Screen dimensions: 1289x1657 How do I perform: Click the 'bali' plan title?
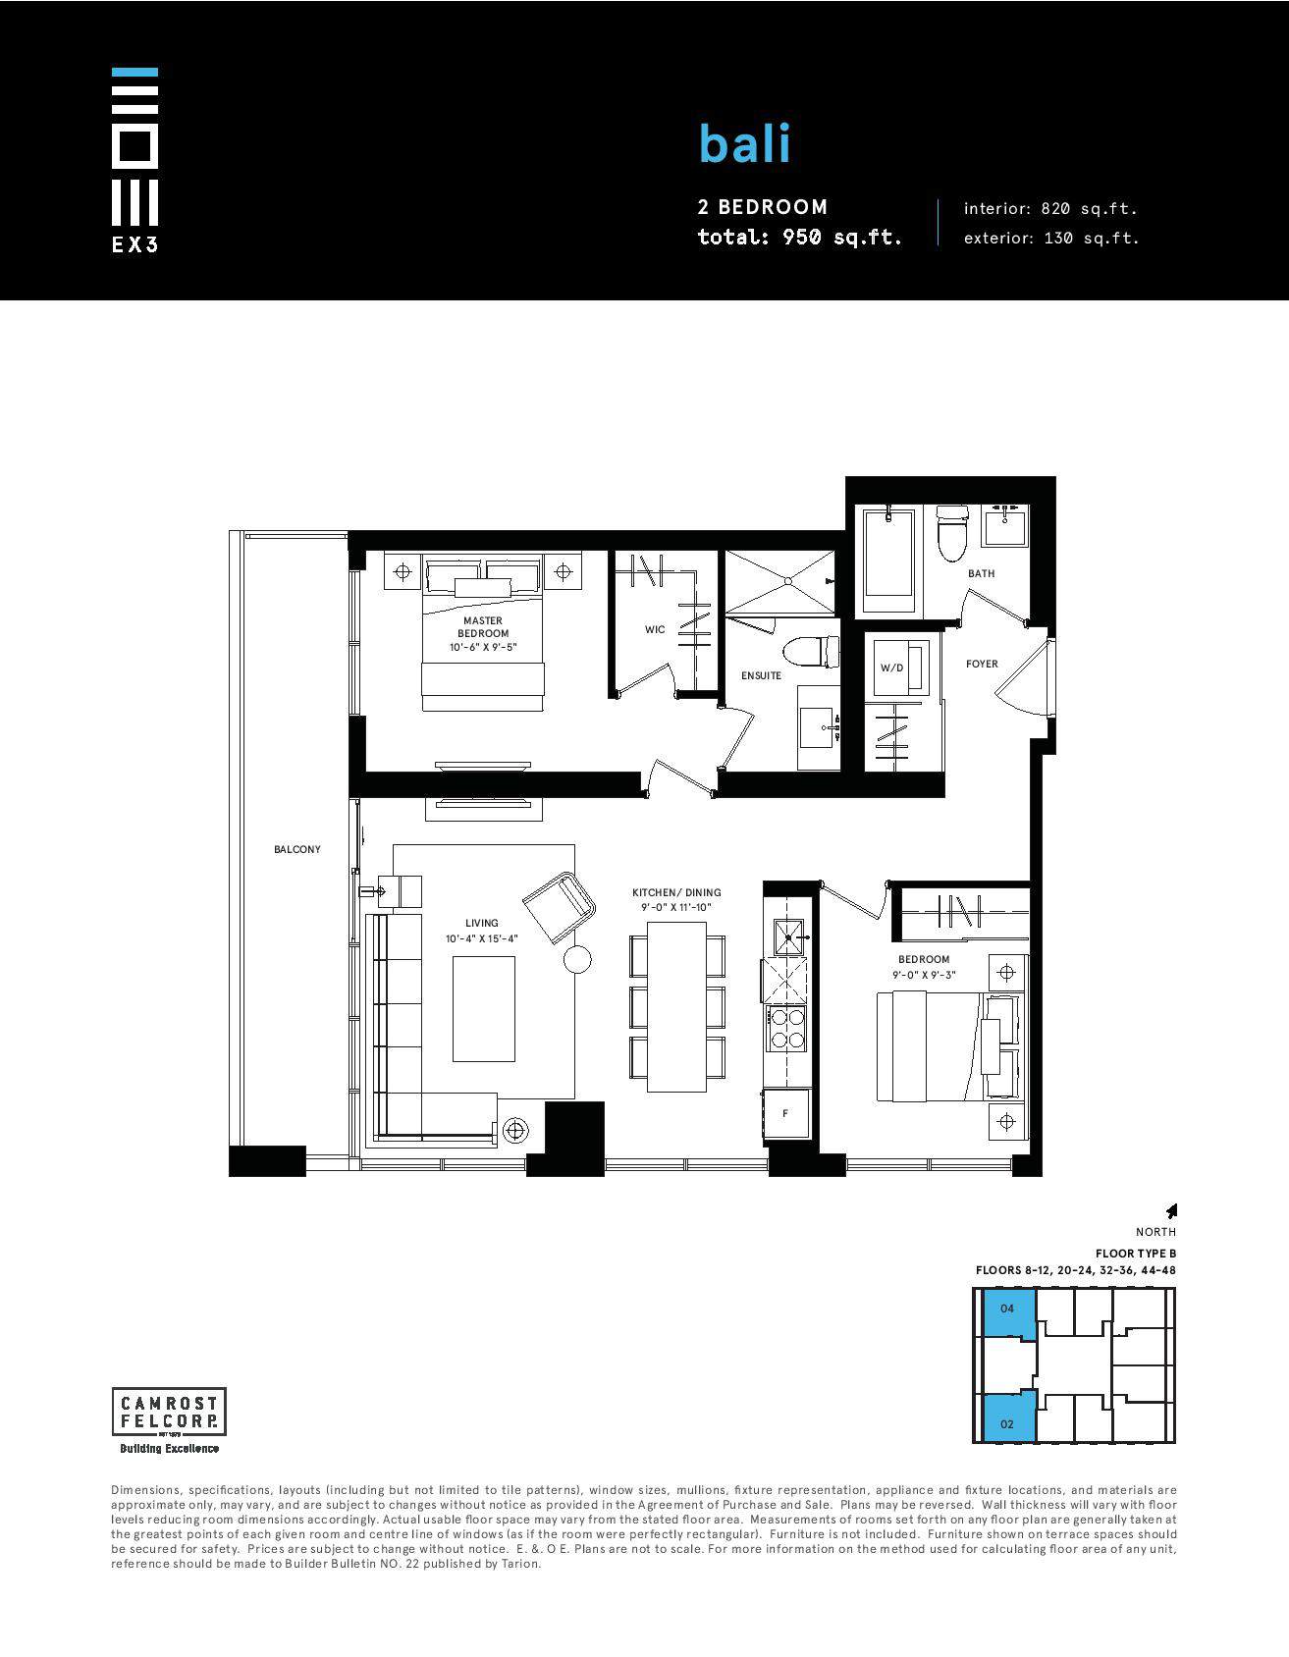coord(744,143)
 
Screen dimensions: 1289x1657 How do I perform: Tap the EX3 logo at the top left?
coord(134,159)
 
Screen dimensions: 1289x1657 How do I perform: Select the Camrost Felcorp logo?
coord(169,1420)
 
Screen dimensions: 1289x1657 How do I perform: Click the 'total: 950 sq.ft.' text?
coord(799,238)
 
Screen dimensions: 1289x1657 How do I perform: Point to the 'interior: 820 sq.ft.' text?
coord(1050,208)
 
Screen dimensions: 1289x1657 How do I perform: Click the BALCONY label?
coord(297,849)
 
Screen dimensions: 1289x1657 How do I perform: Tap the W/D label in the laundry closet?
coord(891,668)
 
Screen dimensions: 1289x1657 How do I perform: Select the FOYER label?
coord(982,664)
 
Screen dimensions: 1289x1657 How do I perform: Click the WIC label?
coord(655,629)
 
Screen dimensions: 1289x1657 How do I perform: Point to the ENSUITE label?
coord(761,675)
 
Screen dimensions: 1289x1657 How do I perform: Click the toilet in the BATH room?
coord(951,533)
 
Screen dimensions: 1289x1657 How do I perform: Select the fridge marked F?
coord(786,1113)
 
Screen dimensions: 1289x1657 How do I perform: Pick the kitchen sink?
coord(788,937)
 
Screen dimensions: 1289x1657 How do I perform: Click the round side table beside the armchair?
coord(577,959)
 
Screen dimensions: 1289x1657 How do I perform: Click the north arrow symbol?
coord(1170,1211)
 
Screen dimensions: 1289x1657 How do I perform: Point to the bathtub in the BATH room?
coord(888,559)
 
